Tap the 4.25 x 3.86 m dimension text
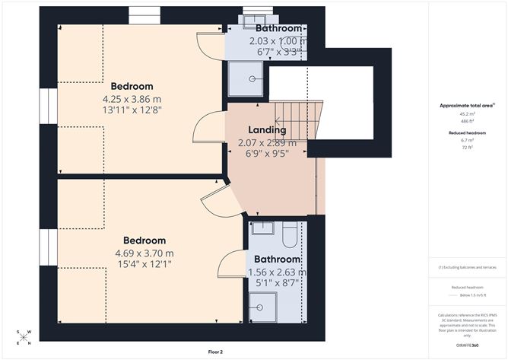[132, 98]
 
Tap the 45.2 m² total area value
[465, 116]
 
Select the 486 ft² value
[465, 123]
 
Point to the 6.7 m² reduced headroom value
[465, 140]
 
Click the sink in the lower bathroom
[262, 227]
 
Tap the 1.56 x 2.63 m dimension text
[277, 272]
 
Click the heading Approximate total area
[465, 106]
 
